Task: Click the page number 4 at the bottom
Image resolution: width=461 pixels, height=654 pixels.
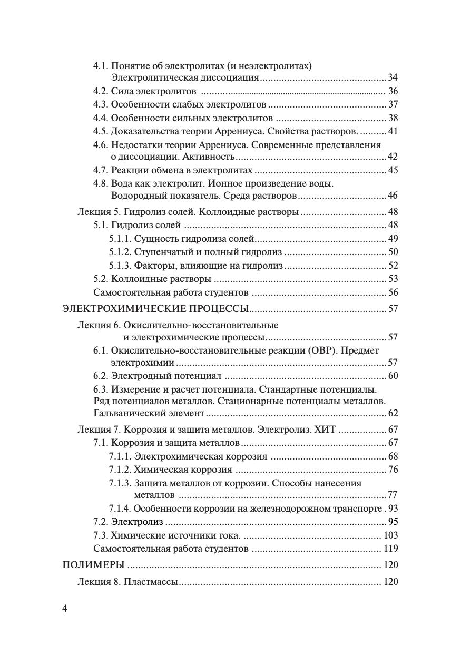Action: pos(65,609)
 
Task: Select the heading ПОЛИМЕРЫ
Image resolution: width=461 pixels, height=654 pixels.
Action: pos(93,565)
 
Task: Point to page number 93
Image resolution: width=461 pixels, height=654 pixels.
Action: pos(393,509)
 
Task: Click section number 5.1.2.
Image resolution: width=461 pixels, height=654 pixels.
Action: pos(120,252)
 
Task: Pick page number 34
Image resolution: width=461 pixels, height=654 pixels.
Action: pos(393,78)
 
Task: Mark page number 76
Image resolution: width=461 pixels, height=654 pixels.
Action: pos(393,470)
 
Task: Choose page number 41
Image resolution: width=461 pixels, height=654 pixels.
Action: pos(393,131)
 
